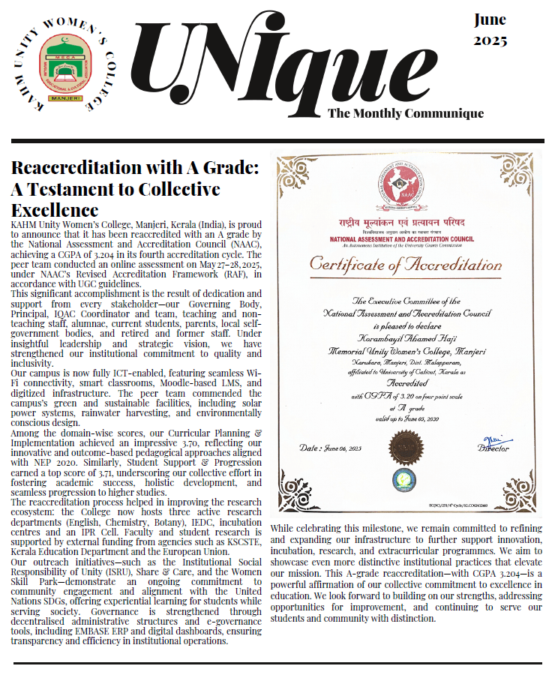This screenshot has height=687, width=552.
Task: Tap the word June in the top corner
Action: [490, 19]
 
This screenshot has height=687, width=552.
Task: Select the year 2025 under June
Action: [490, 40]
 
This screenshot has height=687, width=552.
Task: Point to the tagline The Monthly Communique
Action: [406, 114]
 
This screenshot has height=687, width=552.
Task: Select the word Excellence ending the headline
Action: [55, 209]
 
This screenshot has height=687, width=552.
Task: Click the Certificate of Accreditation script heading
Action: [406, 264]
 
